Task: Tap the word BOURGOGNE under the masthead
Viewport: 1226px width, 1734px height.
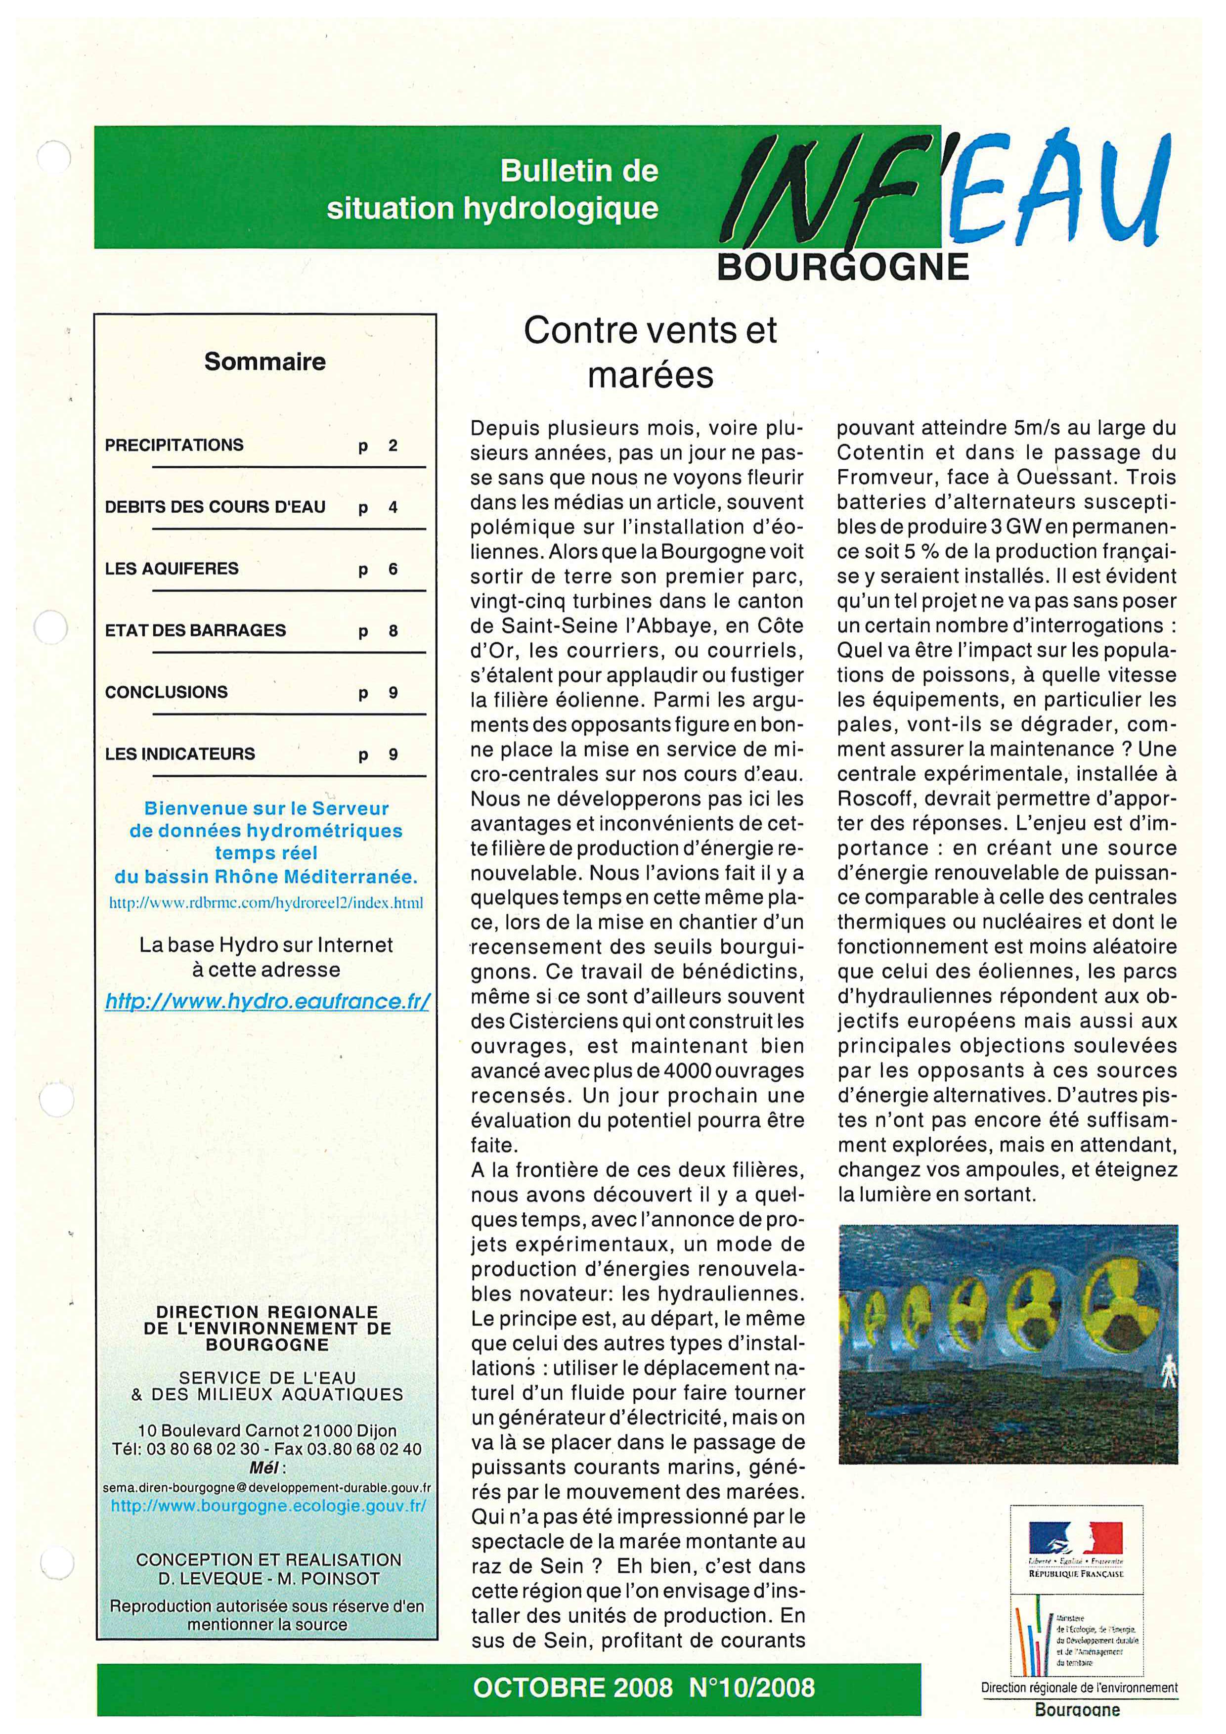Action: [x=842, y=267]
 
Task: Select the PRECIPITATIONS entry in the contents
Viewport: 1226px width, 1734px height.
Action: [x=175, y=445]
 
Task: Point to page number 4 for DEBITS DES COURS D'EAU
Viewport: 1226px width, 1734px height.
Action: [x=393, y=507]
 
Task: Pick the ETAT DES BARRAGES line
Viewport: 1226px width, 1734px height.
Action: [x=196, y=630]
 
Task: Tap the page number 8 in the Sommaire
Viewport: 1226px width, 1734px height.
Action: [x=393, y=631]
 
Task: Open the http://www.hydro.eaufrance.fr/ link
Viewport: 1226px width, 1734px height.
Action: [x=267, y=1001]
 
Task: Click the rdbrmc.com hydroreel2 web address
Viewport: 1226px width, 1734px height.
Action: [x=266, y=902]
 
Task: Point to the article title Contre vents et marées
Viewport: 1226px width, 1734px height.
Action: [x=650, y=352]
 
